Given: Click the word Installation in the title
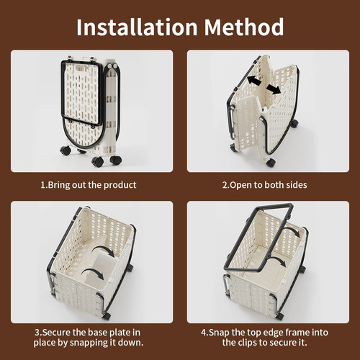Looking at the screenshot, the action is click(x=137, y=27).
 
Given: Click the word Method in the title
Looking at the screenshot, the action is click(x=244, y=27).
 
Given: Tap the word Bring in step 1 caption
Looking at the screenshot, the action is click(x=58, y=185).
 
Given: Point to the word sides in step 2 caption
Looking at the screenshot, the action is click(x=296, y=185).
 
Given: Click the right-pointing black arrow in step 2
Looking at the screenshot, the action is click(x=273, y=89).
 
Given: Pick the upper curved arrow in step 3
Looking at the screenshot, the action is click(x=104, y=251).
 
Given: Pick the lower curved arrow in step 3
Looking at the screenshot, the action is click(x=93, y=273).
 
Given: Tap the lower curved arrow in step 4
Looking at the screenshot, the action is click(x=279, y=261).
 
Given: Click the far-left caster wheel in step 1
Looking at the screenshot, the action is click(x=66, y=150).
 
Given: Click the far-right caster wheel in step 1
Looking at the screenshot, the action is click(x=115, y=160).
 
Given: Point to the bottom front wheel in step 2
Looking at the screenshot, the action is click(x=271, y=163).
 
